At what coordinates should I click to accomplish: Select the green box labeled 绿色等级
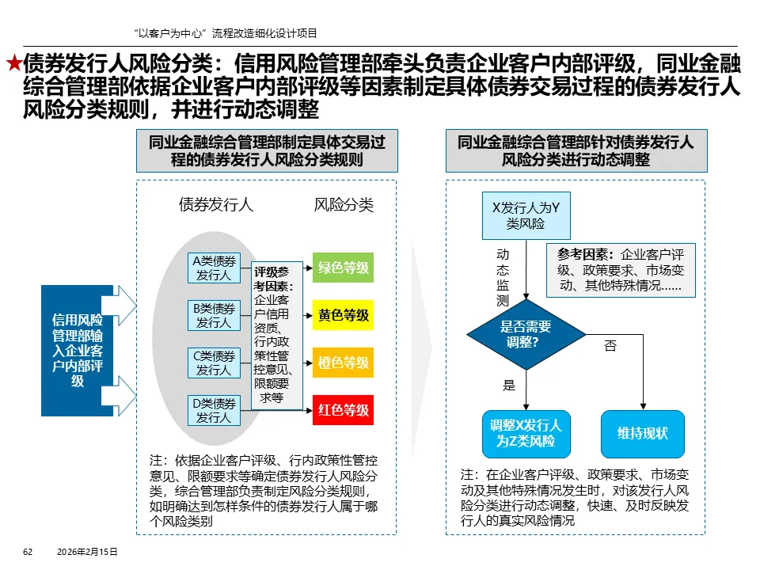[x=343, y=268]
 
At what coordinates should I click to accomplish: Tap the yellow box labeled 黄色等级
[x=343, y=315]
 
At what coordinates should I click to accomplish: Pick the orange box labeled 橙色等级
[x=343, y=363]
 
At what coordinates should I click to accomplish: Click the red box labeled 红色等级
[x=343, y=410]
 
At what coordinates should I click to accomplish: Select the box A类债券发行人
[x=214, y=268]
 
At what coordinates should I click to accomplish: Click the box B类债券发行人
[x=214, y=315]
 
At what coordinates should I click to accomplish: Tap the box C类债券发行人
[x=214, y=363]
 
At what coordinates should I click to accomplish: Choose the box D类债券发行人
[x=214, y=410]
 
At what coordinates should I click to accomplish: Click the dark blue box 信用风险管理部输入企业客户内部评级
[x=78, y=351]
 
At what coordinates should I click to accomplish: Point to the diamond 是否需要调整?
[x=526, y=335]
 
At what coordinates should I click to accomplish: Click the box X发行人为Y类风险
[x=526, y=215]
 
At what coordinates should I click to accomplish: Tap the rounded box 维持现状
[x=642, y=434]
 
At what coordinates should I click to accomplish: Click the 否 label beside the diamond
[x=610, y=346]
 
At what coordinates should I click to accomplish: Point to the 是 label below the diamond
[x=509, y=386]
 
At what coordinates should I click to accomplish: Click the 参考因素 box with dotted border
[x=621, y=270]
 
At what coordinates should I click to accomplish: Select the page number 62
[x=27, y=551]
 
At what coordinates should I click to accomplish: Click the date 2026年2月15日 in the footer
[x=87, y=551]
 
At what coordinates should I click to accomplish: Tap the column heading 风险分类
[x=343, y=205]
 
